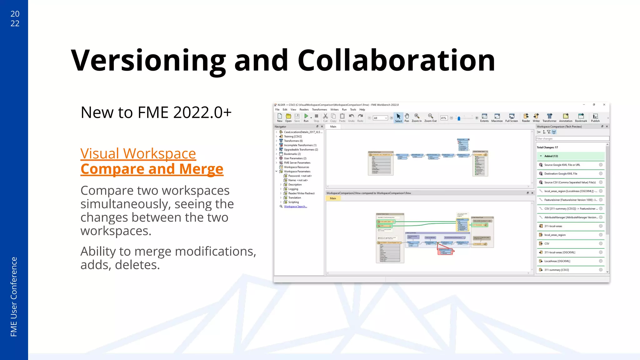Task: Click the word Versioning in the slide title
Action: [x=148, y=61]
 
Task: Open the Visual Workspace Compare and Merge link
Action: [x=152, y=161]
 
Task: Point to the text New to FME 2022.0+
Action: [x=156, y=112]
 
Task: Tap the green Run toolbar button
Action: [x=306, y=117]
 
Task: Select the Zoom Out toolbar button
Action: [x=430, y=117]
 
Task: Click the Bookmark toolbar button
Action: [x=581, y=117]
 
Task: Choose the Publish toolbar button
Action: [x=595, y=117]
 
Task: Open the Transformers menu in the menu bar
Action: [x=319, y=110]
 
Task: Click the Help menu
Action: [x=362, y=110]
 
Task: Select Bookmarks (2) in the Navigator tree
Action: [x=292, y=154]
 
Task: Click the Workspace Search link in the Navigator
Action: [x=295, y=207]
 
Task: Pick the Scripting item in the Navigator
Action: [x=293, y=202]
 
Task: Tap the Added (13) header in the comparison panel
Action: [x=551, y=156]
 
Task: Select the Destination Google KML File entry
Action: [x=561, y=174]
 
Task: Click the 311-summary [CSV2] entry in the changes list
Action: [x=557, y=270]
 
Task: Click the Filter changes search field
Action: [x=572, y=139]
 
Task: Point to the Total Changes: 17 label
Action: [x=547, y=147]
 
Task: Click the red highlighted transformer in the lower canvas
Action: [x=445, y=251]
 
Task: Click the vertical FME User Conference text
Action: [x=14, y=297]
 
